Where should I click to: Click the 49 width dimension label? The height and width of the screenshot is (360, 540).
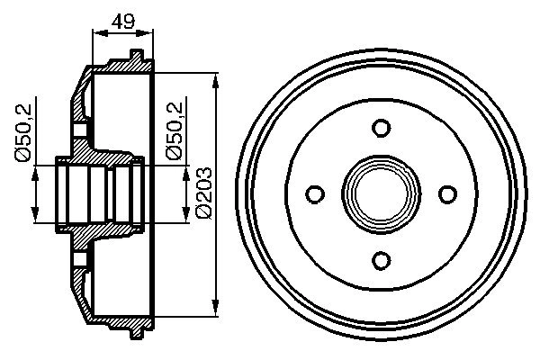coord(123,22)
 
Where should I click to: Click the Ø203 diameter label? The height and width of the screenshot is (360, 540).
coord(203,193)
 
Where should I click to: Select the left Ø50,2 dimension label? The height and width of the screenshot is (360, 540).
coord(23,132)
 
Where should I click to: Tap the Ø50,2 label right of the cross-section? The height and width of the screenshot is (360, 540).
coord(175,131)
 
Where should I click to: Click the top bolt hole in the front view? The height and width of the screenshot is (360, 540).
coord(382,128)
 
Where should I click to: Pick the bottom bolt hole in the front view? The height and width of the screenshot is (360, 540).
coord(382,260)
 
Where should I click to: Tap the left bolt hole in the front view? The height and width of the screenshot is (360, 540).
coord(315,194)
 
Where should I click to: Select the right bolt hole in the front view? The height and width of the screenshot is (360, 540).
coord(447,194)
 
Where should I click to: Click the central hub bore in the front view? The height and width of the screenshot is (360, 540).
coord(382,194)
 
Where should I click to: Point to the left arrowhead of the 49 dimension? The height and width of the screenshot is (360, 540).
coord(100,33)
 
